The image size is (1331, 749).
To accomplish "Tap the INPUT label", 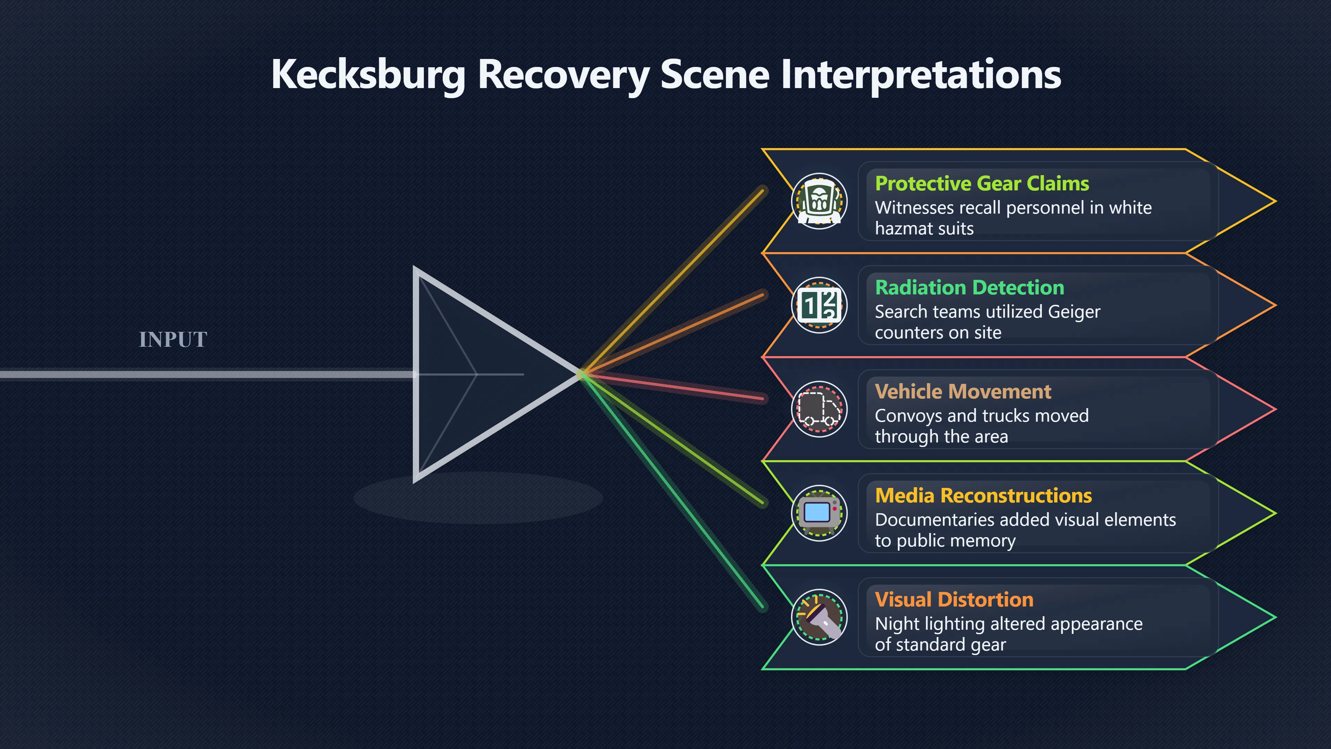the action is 173,339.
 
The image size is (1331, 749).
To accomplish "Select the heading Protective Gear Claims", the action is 982,183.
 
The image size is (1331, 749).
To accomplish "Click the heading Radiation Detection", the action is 969,287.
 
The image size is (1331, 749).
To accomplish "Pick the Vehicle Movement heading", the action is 963,391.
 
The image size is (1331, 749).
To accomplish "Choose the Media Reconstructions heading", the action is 983,495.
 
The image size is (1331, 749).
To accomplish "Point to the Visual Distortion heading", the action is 954,600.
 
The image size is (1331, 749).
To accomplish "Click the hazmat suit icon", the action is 819,201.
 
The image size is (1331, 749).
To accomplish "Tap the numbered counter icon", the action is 819,305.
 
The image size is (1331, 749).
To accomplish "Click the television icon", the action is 819,513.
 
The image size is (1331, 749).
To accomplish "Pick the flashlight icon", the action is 819,617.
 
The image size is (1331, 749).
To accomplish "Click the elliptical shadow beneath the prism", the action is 478,498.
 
